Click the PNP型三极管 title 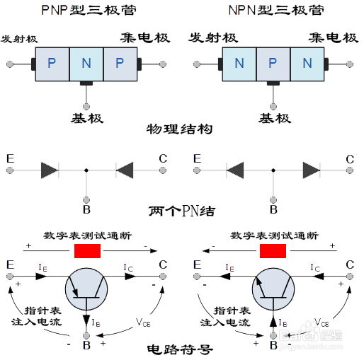pos(87,11)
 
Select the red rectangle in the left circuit pos(87,251)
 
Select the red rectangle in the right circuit pos(273,251)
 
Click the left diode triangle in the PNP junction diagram pos(50,170)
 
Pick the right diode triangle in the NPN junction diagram pos(311,170)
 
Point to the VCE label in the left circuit pos(144,322)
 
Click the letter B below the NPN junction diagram pos(273,209)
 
